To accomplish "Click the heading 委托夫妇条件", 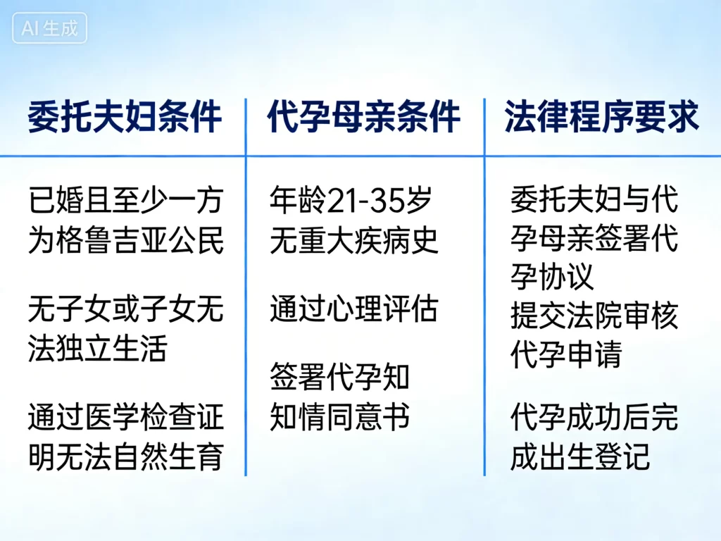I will [125, 117].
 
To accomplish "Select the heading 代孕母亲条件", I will [363, 117].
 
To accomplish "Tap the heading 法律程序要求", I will [602, 117].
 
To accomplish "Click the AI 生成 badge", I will [49, 29].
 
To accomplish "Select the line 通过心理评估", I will [353, 309].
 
